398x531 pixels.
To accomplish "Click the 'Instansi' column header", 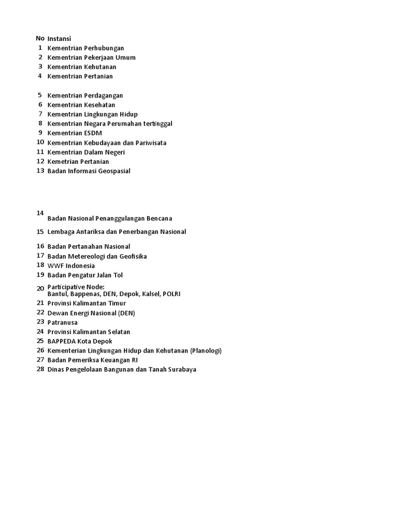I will coord(59,38).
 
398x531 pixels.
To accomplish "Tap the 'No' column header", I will coord(40,38).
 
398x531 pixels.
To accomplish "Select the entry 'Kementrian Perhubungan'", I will coord(86,48).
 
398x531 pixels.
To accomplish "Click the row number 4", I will coord(40,76).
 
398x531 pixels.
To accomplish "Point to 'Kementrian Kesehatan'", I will coord(81,105).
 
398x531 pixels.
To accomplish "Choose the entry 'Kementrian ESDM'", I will coord(75,133).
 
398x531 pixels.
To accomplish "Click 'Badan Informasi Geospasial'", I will coord(89,171).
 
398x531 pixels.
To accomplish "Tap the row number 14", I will coord(40,213).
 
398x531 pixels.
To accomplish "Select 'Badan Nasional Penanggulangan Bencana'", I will coord(110,219).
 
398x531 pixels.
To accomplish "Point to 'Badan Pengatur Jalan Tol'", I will coord(85,275).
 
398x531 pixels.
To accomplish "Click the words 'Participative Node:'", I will coord(76,287).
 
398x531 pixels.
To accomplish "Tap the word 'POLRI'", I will coord(172,294).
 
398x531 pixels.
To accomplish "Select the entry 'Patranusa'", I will coord(62,323).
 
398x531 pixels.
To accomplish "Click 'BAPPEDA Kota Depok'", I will coord(80,341).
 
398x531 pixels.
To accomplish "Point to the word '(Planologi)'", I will coord(206,351).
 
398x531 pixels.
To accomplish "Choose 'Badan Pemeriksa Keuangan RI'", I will coord(93,360).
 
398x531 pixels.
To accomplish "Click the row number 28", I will coord(40,369).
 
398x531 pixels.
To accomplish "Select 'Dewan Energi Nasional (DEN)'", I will coord(91,313).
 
